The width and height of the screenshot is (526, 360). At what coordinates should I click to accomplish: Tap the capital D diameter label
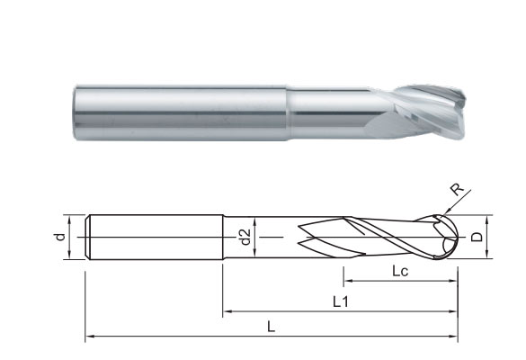pyautogui.click(x=479, y=237)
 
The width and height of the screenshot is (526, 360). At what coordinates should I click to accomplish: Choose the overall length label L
pyautogui.click(x=271, y=328)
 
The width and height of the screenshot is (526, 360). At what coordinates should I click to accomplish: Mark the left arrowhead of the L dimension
pyautogui.click(x=89, y=338)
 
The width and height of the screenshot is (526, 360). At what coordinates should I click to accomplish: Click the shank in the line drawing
pyautogui.click(x=153, y=237)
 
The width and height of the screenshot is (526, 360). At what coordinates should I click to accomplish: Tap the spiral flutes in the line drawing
pyautogui.click(x=378, y=237)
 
